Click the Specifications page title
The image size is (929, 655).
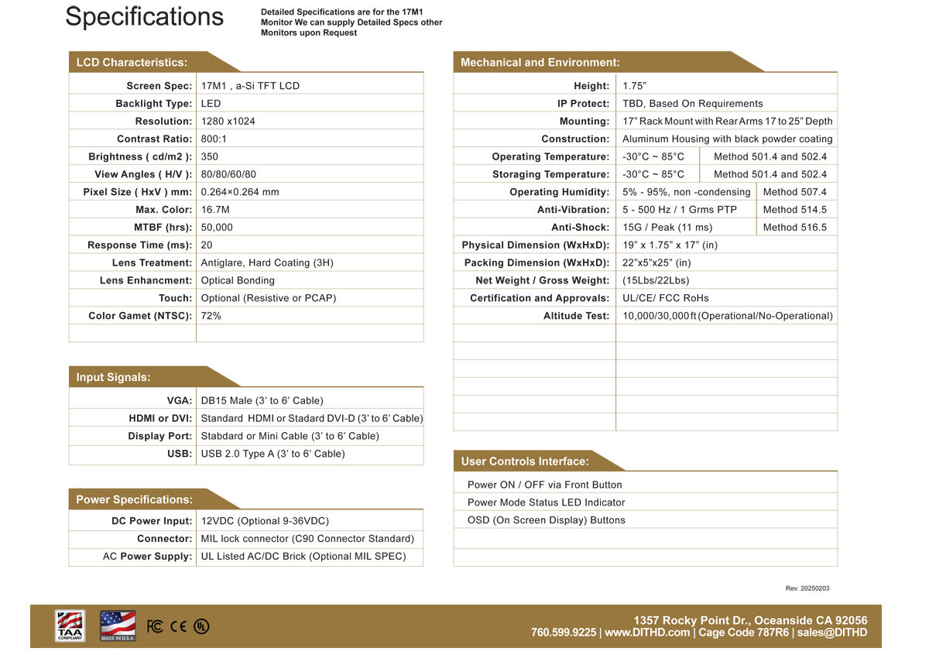click(144, 17)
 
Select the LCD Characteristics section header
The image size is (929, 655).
click(132, 62)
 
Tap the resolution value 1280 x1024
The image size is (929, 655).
click(228, 122)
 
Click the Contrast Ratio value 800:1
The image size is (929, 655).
click(214, 139)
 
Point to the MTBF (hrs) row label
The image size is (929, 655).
click(163, 228)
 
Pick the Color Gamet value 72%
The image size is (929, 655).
click(211, 316)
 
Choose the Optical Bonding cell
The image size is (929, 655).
click(238, 280)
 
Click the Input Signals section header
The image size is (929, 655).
click(114, 377)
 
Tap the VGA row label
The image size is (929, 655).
click(180, 401)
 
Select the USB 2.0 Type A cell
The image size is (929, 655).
click(272, 454)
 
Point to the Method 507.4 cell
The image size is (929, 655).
click(794, 192)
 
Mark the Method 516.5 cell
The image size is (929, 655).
click(794, 228)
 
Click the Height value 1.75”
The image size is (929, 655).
click(634, 86)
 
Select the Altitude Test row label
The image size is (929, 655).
click(576, 316)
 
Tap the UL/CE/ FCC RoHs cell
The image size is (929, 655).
click(665, 298)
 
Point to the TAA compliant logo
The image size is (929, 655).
click(70, 626)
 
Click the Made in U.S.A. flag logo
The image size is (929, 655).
click(118, 626)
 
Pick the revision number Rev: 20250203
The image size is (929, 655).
click(807, 588)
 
